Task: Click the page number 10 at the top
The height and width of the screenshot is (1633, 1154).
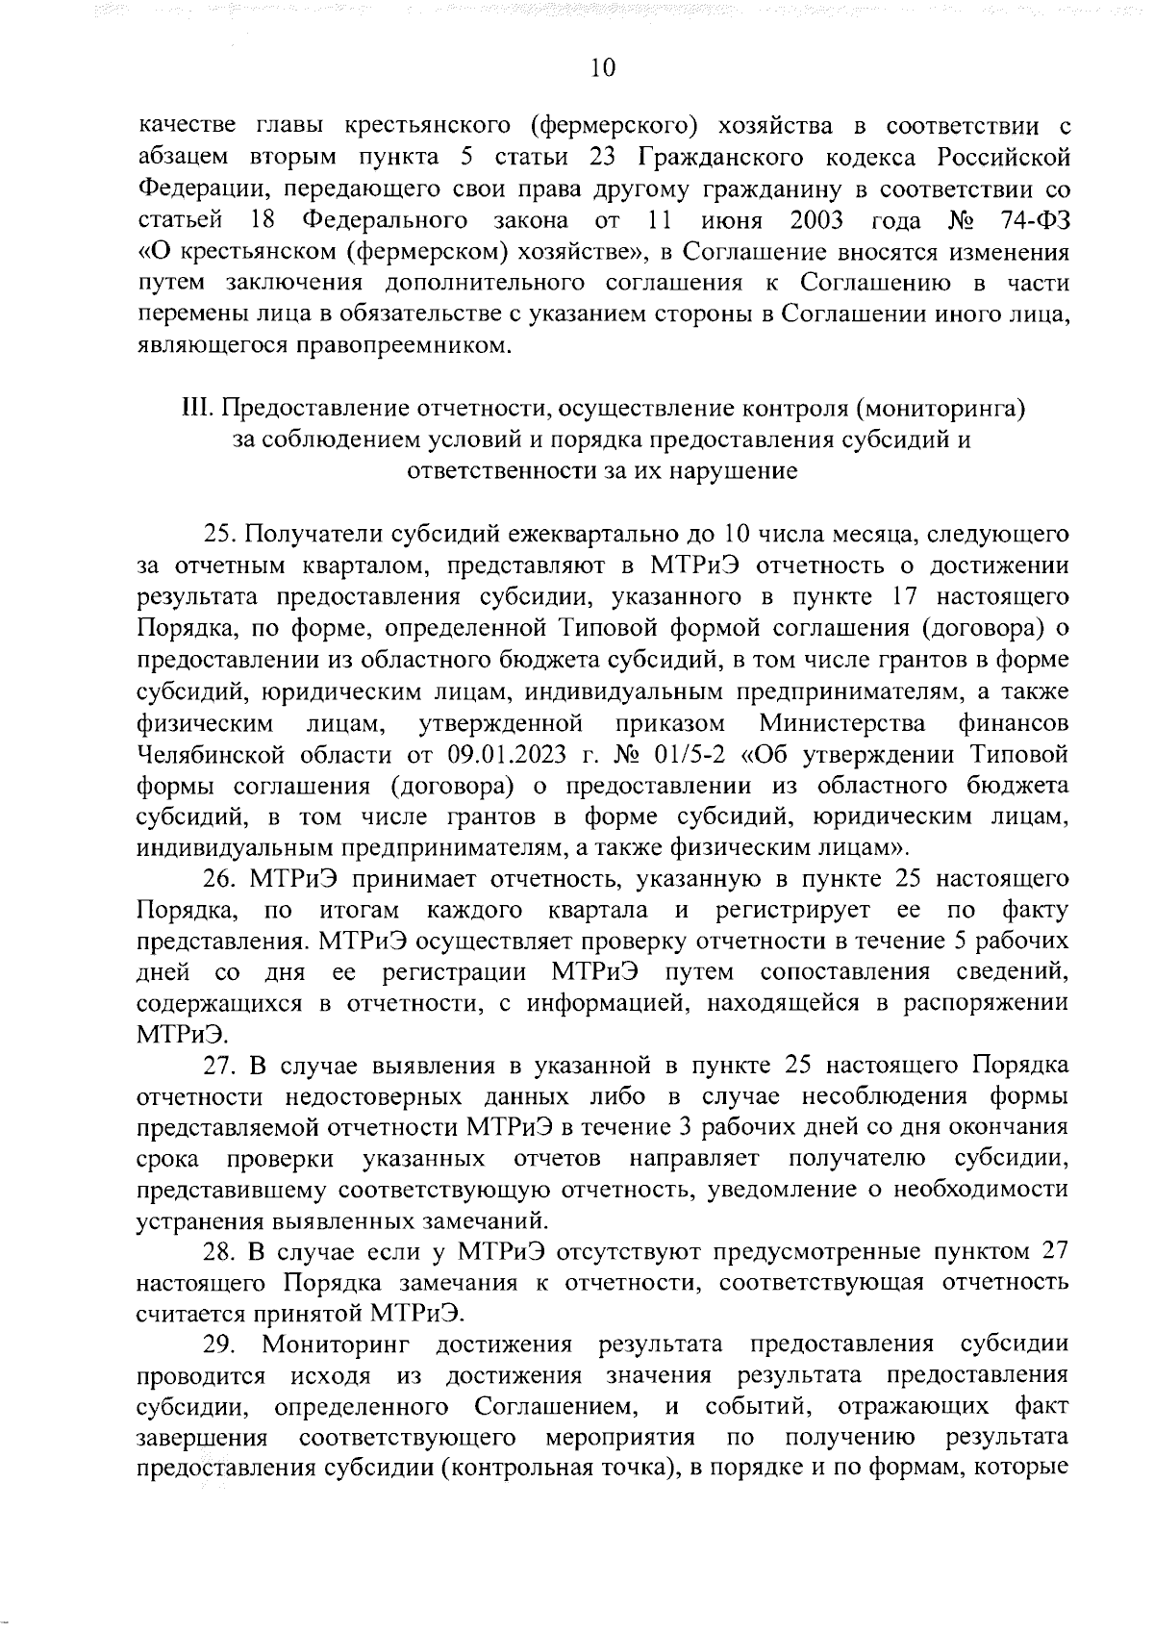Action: (602, 67)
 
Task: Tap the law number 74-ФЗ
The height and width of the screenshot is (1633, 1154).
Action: (1034, 220)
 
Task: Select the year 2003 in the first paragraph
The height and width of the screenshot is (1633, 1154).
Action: (815, 220)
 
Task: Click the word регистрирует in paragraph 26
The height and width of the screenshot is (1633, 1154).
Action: (792, 910)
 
